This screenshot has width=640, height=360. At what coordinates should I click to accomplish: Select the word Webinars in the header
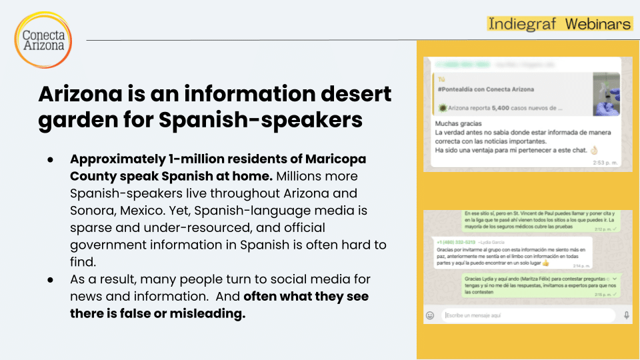598,24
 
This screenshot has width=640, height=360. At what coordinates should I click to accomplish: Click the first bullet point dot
51,161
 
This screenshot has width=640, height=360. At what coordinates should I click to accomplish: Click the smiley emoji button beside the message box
430,315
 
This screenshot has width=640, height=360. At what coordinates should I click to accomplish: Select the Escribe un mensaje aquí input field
527,315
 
